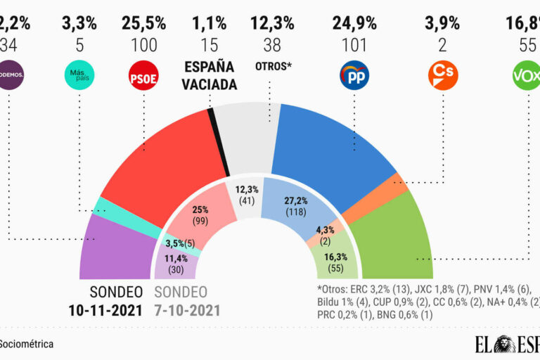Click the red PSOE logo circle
pyautogui.click(x=143, y=75)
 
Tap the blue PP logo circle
pyautogui.click(x=354, y=75)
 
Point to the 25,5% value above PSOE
pyautogui.click(x=143, y=23)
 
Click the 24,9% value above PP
pyautogui.click(x=354, y=23)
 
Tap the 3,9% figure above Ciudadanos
pyautogui.click(x=442, y=23)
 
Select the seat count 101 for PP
pyautogui.click(x=354, y=46)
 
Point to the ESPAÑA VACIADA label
pyautogui.click(x=210, y=76)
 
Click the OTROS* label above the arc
pyautogui.click(x=271, y=67)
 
